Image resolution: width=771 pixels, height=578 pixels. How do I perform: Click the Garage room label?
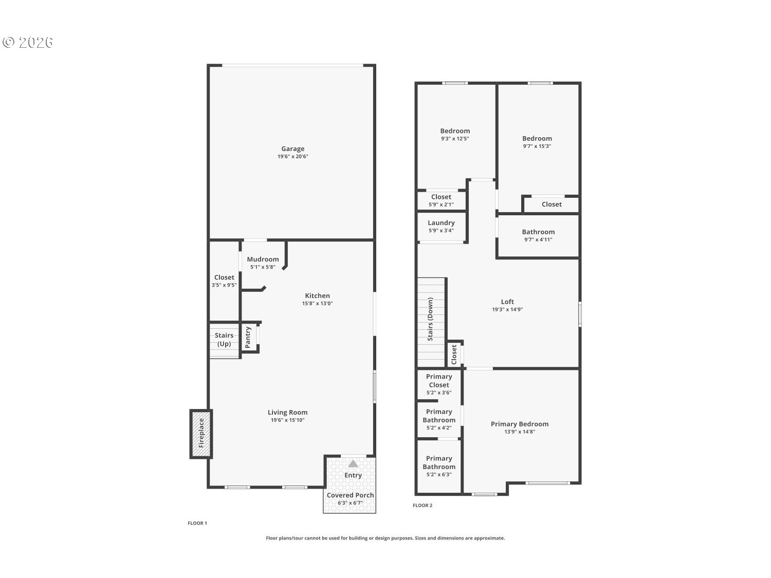click(292, 149)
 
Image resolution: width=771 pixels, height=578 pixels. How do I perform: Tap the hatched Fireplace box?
click(201, 433)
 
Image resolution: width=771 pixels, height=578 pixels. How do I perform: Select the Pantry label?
click(248, 338)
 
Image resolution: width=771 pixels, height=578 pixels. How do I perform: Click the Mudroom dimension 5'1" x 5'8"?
click(263, 267)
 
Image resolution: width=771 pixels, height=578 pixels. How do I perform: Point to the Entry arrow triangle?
click(353, 463)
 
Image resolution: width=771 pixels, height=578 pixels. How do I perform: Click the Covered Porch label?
click(350, 495)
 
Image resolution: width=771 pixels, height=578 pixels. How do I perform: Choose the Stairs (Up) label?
click(224, 340)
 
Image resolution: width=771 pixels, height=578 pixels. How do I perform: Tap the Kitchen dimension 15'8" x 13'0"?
click(317, 304)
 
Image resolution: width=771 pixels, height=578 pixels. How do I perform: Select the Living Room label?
click(287, 412)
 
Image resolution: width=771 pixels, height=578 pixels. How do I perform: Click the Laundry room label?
click(441, 222)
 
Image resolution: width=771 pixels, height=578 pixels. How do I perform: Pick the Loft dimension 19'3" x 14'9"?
click(507, 310)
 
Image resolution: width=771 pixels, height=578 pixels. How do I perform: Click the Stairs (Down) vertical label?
click(430, 319)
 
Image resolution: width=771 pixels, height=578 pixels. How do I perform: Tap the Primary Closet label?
click(439, 381)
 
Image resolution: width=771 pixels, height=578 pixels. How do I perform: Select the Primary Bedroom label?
click(519, 424)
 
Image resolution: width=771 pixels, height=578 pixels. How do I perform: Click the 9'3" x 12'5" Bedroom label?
click(455, 131)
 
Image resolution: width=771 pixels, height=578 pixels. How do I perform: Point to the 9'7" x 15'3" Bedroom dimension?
click(537, 146)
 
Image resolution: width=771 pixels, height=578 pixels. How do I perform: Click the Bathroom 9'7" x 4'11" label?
click(538, 232)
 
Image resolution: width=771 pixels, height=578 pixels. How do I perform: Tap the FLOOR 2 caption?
click(423, 506)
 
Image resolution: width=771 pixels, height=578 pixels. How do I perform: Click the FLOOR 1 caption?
click(197, 524)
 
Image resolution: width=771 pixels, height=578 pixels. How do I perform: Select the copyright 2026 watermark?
click(28, 42)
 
